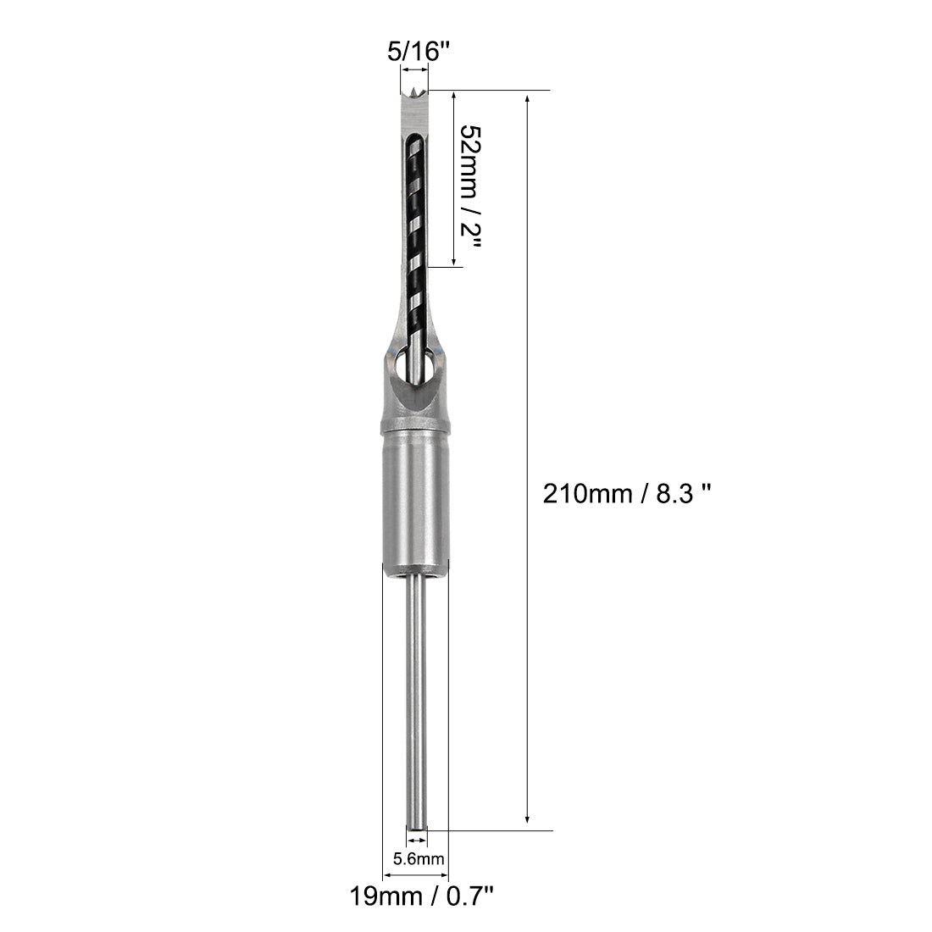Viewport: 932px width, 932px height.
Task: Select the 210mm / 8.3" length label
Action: (x=625, y=493)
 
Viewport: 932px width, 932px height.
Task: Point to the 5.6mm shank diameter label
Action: (x=419, y=859)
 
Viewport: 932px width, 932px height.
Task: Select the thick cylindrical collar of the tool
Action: (x=415, y=500)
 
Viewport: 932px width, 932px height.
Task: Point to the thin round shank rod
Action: (x=415, y=695)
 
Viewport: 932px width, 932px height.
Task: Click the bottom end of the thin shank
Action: (x=415, y=826)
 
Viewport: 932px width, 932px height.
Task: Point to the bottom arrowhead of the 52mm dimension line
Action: (x=454, y=262)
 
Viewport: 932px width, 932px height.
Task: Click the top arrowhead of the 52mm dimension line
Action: (x=454, y=96)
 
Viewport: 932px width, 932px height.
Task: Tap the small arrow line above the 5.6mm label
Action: (x=416, y=840)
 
